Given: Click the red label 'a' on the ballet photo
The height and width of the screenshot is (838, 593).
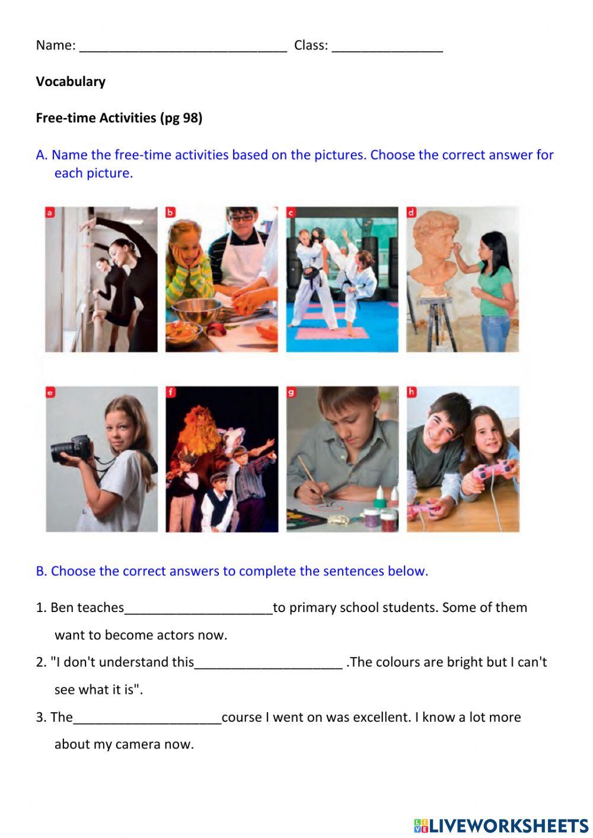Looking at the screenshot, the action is tap(50, 212).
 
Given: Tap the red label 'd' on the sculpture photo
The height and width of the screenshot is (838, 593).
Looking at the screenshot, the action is tap(411, 212).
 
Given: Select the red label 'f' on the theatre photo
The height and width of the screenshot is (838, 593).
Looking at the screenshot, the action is tap(171, 392).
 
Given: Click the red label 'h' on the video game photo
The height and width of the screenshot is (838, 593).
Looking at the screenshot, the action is tap(412, 392).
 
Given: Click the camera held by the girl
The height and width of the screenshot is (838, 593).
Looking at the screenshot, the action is tap(71, 448).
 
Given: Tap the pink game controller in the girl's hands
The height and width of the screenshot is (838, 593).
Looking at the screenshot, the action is tap(492, 470).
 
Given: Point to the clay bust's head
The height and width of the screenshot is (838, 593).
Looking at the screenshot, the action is tap(434, 235).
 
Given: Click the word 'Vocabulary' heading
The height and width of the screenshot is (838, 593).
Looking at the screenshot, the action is tap(71, 82).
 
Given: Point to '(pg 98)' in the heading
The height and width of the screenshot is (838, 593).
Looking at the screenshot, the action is tap(181, 118).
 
